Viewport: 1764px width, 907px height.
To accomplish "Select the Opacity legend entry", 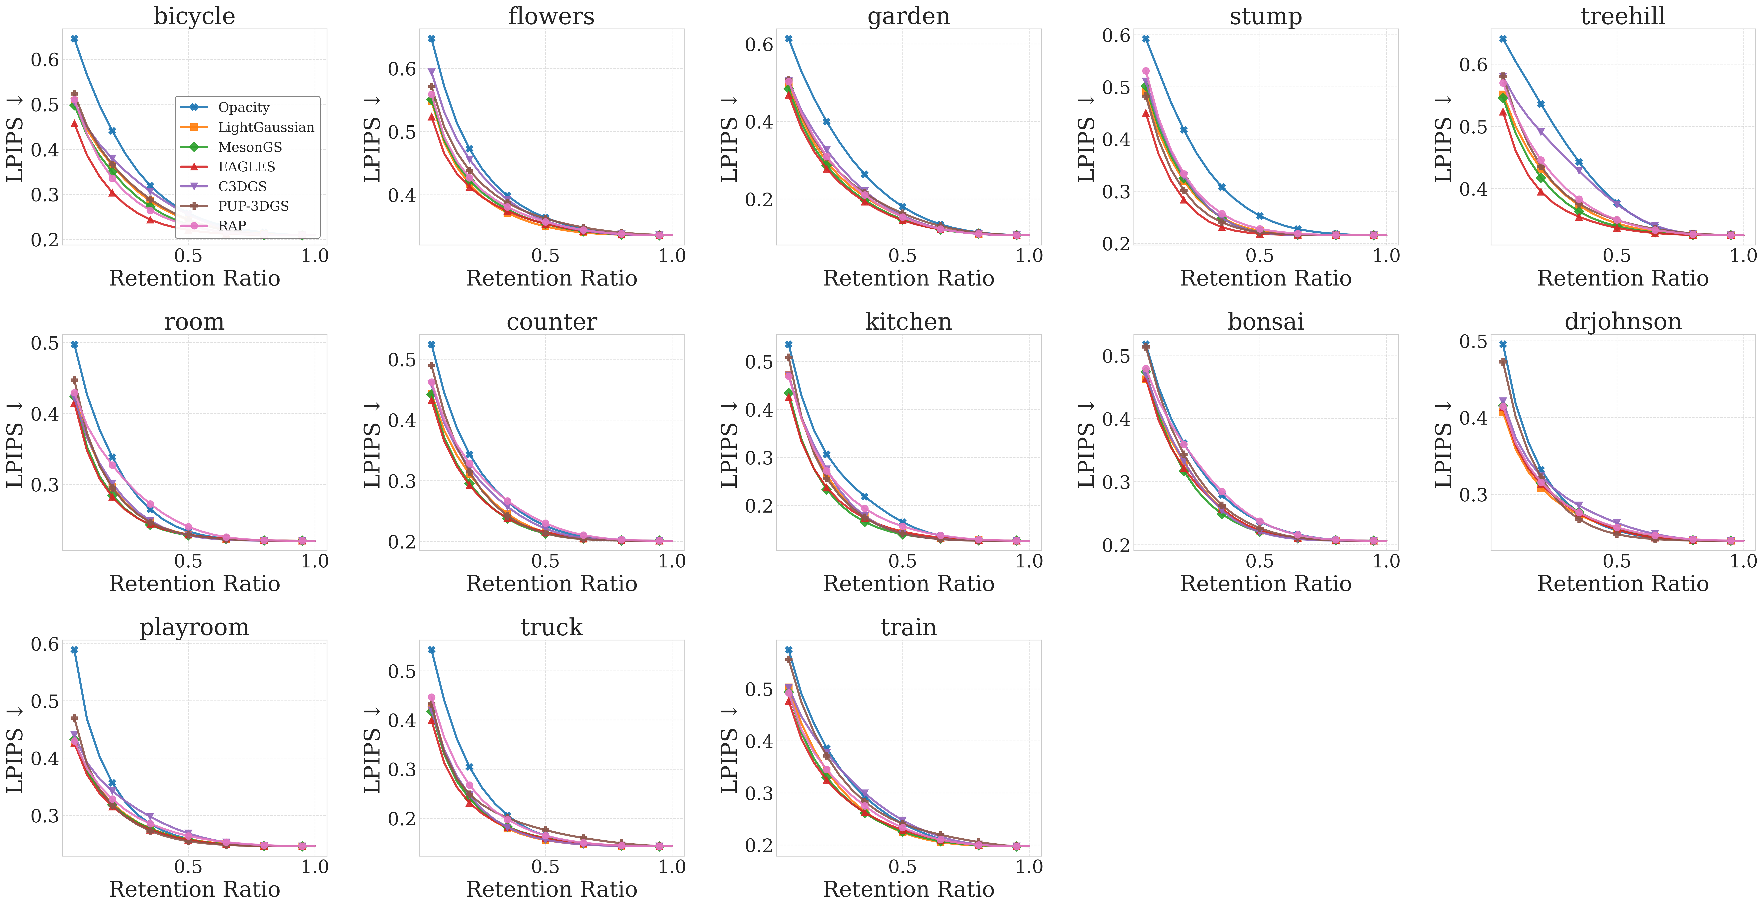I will pos(243,108).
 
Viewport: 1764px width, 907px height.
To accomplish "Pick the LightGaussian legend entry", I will pos(266,127).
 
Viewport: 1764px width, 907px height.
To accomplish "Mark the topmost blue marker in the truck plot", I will pos(431,650).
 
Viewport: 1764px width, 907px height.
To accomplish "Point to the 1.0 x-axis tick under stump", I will pos(1386,256).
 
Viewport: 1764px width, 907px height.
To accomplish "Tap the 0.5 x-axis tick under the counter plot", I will pos(545,561).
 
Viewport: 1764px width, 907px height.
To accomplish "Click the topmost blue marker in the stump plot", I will pos(1146,39).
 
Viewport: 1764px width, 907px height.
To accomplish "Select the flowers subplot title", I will pos(551,16).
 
